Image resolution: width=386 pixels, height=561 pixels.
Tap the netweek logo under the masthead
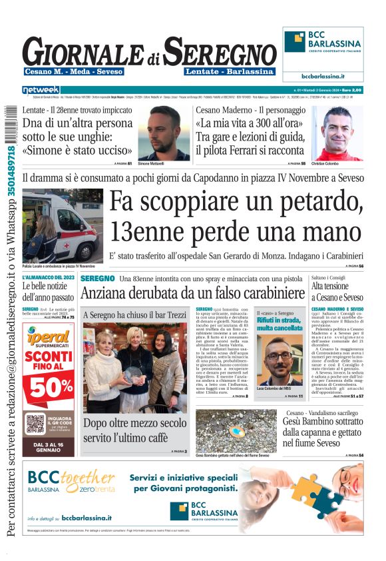coord(41,89)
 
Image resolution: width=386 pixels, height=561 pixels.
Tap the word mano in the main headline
coord(330,231)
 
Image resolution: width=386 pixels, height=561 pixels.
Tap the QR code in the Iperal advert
coord(35,424)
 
